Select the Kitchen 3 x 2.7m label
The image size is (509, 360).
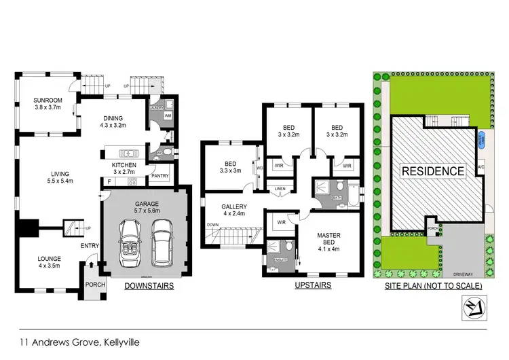(124, 168)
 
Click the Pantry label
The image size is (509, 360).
(160, 176)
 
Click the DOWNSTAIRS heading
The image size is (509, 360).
(149, 287)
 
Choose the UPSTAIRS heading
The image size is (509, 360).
(312, 286)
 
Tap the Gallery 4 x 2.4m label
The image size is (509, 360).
(233, 210)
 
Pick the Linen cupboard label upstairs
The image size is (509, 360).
(278, 188)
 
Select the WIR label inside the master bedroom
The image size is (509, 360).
(280, 221)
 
